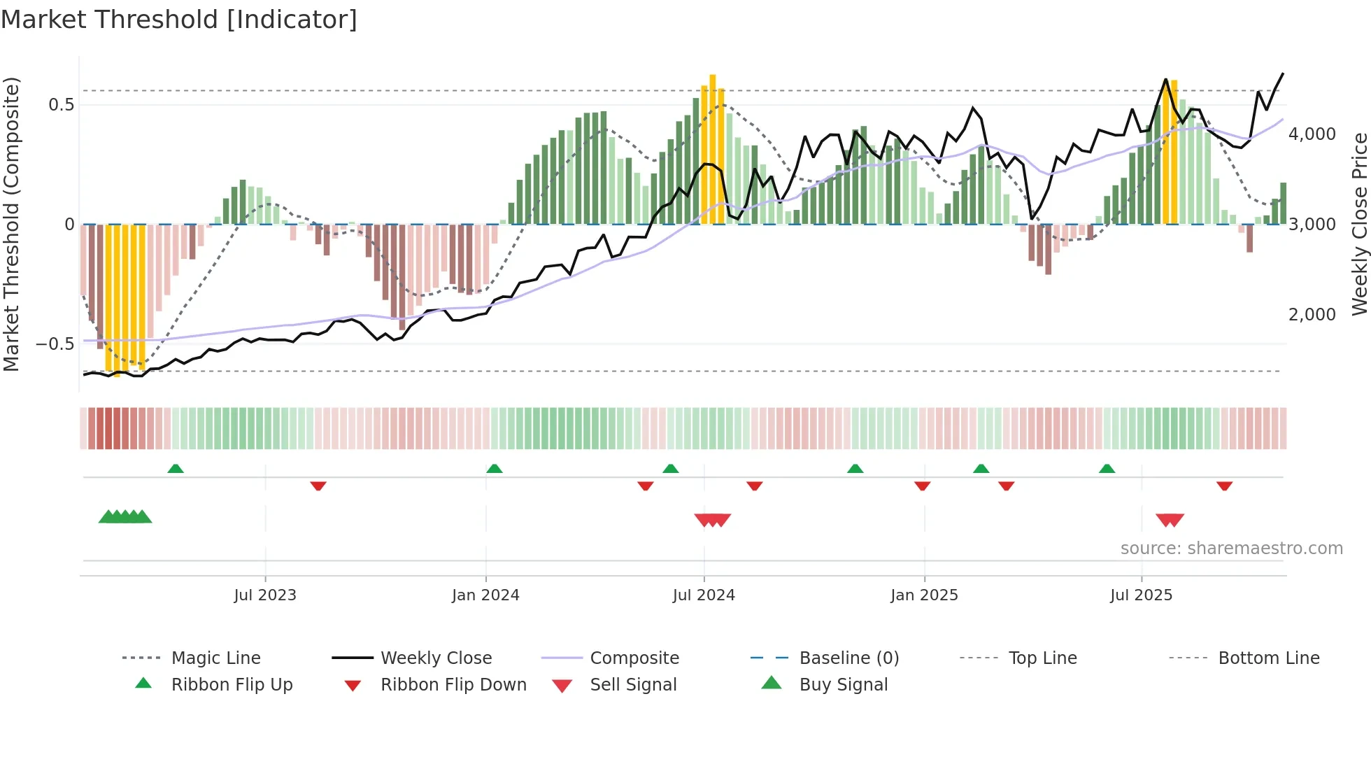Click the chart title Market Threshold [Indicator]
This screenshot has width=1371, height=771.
click(x=179, y=20)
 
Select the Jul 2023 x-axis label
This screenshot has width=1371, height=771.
click(x=265, y=595)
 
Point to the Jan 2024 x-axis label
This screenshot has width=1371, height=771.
click(x=485, y=595)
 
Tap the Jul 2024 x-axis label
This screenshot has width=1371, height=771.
click(x=704, y=595)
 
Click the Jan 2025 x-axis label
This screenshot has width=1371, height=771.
click(x=924, y=595)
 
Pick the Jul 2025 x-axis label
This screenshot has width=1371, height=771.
click(x=1141, y=595)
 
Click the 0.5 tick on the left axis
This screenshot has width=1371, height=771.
click(x=61, y=105)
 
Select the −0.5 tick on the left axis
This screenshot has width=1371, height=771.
click(x=55, y=344)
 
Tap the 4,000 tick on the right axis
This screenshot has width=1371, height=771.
click(x=1312, y=134)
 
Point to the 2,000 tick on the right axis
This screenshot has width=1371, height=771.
click(x=1312, y=315)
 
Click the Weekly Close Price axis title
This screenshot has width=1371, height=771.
click(x=1359, y=224)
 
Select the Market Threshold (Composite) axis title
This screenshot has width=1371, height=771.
click(x=11, y=224)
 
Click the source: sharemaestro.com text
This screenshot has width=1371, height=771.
click(x=1231, y=549)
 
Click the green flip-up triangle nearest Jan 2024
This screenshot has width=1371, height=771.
click(x=495, y=469)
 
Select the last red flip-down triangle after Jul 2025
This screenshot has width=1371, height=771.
click(x=1224, y=486)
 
